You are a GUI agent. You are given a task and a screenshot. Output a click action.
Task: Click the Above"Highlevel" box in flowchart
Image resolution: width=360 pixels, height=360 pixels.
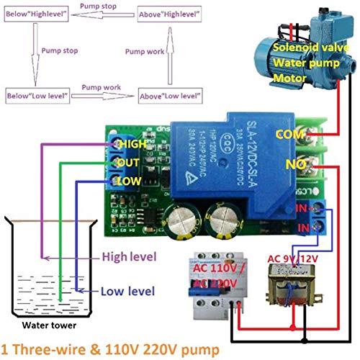tap(168, 14)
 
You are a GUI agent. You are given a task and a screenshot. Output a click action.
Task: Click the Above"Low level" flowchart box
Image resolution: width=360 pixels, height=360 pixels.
tap(168, 95)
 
